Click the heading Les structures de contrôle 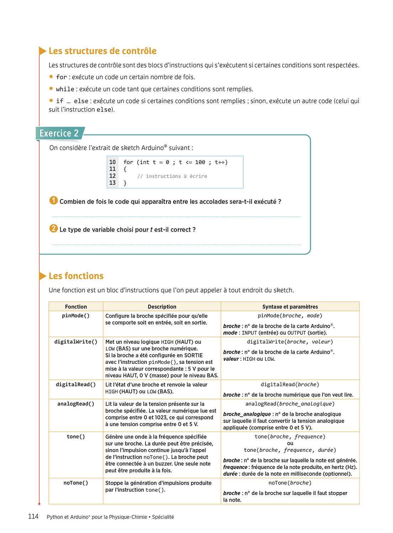click(x=102, y=51)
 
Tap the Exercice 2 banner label click(x=59, y=134)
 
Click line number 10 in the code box click(x=112, y=162)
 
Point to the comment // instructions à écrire click(x=172, y=176)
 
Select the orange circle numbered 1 click(x=53, y=201)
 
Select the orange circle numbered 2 click(x=53, y=228)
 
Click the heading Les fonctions click(x=76, y=276)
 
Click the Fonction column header click(x=76, y=307)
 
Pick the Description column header click(x=162, y=307)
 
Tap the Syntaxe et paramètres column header click(x=290, y=307)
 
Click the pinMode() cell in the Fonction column click(x=76, y=316)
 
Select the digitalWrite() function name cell click(x=76, y=342)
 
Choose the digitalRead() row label click(x=76, y=384)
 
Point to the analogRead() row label click(x=76, y=404)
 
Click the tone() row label click(x=76, y=437)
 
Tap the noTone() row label click(x=76, y=483)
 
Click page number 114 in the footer click(x=33, y=517)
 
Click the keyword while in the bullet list click(x=65, y=89)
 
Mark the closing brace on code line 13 click(x=125, y=183)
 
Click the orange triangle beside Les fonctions click(x=43, y=276)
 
